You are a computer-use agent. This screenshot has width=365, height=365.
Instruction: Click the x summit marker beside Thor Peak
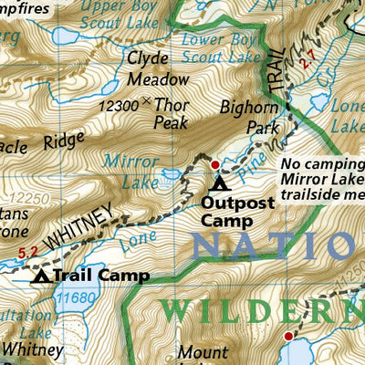pos(149,104)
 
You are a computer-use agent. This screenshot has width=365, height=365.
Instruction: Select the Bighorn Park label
pos(249,118)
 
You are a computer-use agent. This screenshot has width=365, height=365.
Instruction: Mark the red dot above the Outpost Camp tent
pos(215,165)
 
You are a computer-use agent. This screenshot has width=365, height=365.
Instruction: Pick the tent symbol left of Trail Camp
pos(41,275)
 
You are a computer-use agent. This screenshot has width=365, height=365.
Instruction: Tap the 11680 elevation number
pos(76,297)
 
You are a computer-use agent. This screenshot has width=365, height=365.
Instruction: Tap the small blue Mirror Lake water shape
pos(171,172)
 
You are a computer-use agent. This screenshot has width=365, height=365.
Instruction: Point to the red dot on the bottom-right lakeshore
pos(288,337)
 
